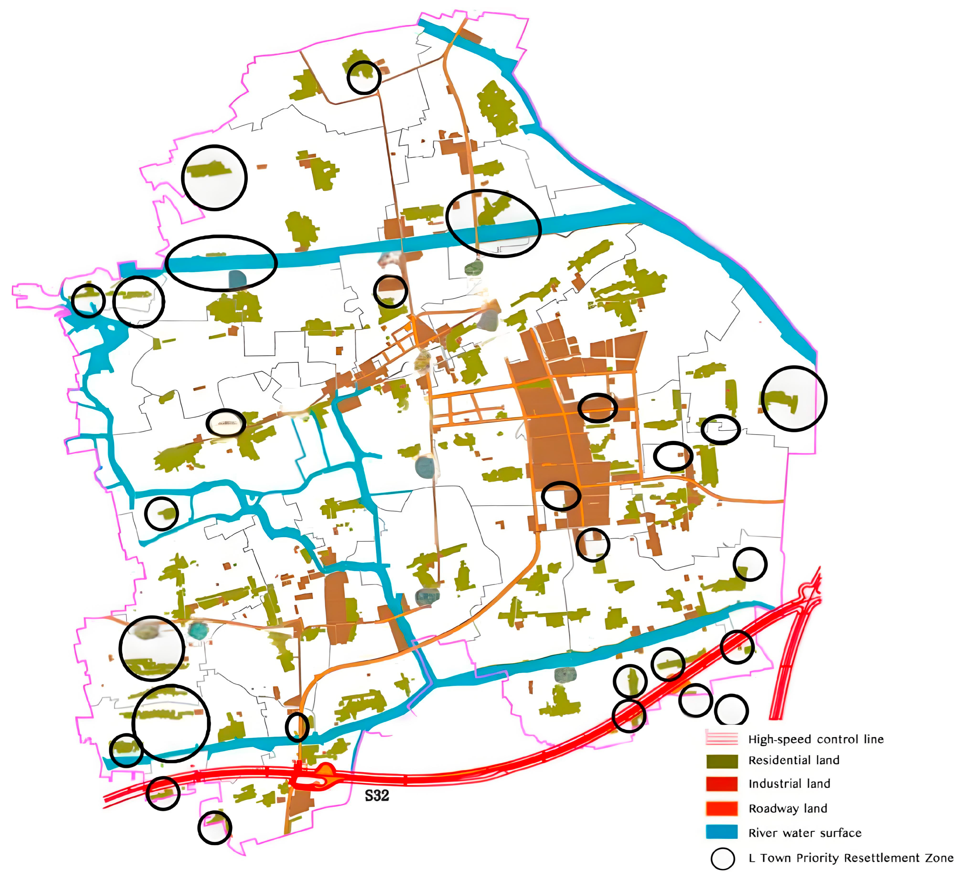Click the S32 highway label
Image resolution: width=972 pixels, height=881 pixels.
click(x=376, y=795)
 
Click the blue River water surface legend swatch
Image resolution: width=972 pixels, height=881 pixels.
click(x=722, y=832)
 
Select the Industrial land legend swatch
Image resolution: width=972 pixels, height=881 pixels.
click(x=722, y=784)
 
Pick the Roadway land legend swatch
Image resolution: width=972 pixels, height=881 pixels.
click(x=722, y=808)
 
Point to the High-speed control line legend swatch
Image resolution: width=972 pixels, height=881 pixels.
click(x=722, y=738)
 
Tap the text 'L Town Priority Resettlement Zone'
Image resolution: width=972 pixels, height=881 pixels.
click(x=850, y=858)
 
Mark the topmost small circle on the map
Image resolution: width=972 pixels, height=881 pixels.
click(x=364, y=77)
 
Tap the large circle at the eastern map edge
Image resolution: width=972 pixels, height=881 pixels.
click(x=794, y=398)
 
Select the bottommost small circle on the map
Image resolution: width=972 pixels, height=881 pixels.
click(x=214, y=827)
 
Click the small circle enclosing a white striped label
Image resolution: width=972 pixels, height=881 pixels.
click(x=226, y=423)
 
